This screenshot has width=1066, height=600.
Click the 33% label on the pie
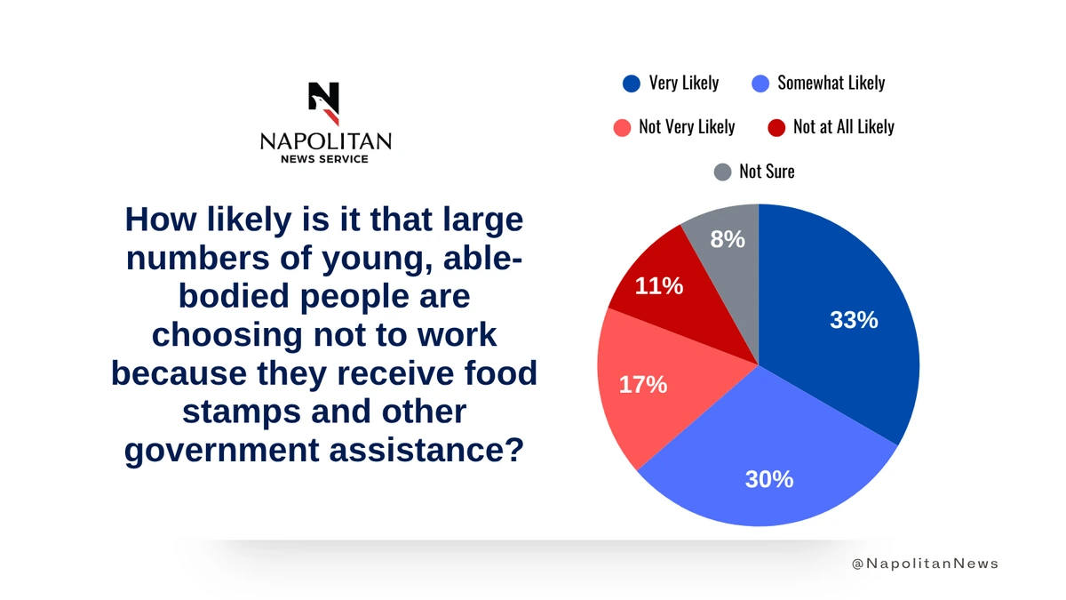click(x=854, y=320)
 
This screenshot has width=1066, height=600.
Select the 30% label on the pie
click(x=768, y=479)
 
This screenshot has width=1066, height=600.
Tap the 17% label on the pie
click(x=642, y=385)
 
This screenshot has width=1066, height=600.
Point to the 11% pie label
click(x=658, y=286)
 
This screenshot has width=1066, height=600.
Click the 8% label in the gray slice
click(x=728, y=238)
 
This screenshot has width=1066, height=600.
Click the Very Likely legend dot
click(x=632, y=84)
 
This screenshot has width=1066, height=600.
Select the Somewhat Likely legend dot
click(x=760, y=84)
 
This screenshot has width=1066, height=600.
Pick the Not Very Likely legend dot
click(x=622, y=127)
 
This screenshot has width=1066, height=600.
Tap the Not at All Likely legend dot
click(x=776, y=127)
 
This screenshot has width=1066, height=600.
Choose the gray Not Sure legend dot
click(x=723, y=172)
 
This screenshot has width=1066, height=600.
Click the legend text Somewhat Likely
click(x=831, y=83)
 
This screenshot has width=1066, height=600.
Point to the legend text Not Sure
click(x=767, y=172)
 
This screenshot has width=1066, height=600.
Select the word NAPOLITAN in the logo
click(x=325, y=141)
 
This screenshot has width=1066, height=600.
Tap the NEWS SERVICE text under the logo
click(x=324, y=159)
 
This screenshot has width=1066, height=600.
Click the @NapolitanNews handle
click(x=925, y=564)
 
